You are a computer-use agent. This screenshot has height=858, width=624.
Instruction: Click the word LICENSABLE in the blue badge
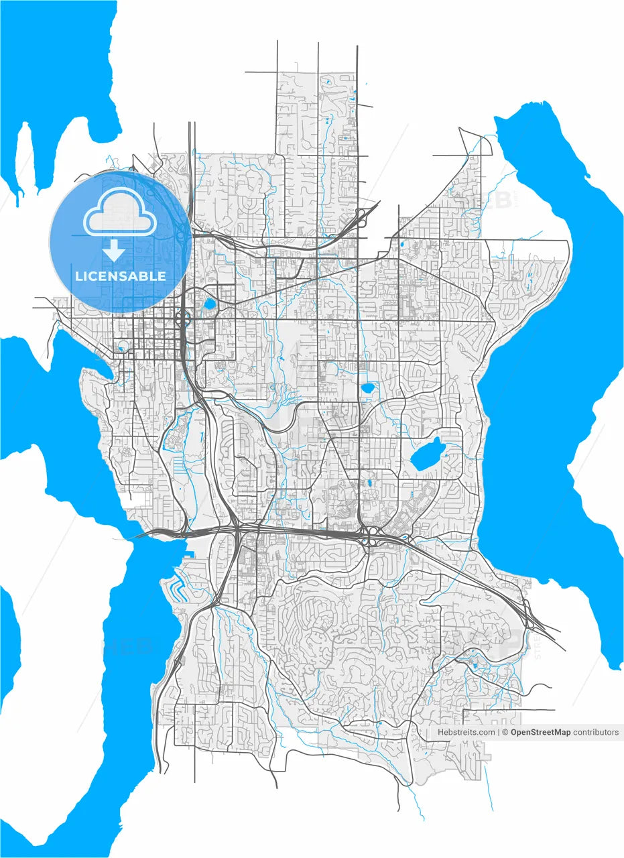pyautogui.click(x=121, y=275)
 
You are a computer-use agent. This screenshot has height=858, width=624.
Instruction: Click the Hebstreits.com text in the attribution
pyautogui.click(x=466, y=733)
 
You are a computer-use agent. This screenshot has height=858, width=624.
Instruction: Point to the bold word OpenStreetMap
pyautogui.click(x=540, y=733)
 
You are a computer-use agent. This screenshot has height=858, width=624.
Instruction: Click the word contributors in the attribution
pyautogui.click(x=596, y=733)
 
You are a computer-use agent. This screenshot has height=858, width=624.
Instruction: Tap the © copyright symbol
pyautogui.click(x=505, y=733)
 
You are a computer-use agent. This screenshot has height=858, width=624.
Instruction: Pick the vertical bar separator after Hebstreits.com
pyautogui.click(x=499, y=733)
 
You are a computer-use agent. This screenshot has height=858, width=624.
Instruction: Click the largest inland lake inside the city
pyautogui.click(x=428, y=455)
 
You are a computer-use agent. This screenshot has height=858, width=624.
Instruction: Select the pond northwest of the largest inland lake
pyautogui.click(x=368, y=387)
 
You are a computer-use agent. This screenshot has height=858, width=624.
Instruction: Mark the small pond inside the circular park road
pyautogui.click(x=123, y=347)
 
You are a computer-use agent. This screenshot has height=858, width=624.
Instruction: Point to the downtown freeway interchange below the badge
pyautogui.click(x=182, y=318)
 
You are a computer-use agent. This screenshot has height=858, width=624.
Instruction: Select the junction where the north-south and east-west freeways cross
pyautogui.click(x=237, y=530)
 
